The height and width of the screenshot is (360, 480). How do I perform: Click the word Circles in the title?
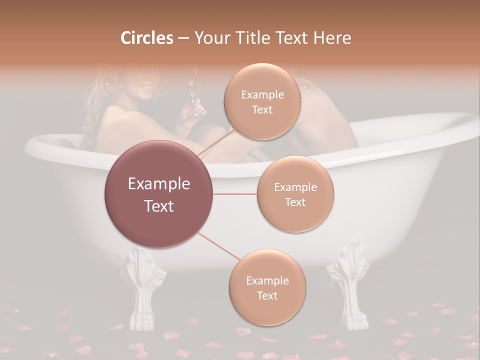click(x=146, y=38)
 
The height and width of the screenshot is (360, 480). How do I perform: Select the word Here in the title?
click(x=332, y=38)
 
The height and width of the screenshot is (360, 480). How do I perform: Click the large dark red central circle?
click(x=159, y=194)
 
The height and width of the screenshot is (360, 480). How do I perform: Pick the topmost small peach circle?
click(x=262, y=101)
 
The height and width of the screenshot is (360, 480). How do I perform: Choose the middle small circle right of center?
click(x=295, y=194)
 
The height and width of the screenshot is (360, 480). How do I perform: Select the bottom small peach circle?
click(x=267, y=287)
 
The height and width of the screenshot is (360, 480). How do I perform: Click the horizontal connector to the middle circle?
click(x=235, y=194)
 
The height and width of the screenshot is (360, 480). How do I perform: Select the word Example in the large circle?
click(x=159, y=184)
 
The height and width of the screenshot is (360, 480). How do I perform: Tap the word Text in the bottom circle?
click(x=267, y=295)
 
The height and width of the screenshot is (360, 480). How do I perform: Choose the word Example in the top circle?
click(x=262, y=94)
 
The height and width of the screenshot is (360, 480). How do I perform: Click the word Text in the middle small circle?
click(x=295, y=202)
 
